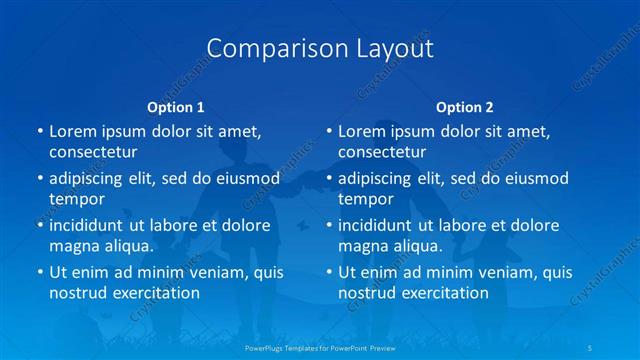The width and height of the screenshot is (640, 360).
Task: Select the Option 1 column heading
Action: click(x=176, y=107)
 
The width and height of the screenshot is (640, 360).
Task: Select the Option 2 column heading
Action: click(x=465, y=107)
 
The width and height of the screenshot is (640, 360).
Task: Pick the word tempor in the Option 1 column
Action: click(x=77, y=198)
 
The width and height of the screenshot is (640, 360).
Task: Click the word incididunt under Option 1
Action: click(x=94, y=225)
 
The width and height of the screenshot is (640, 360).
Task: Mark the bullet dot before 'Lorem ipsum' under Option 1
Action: click(x=39, y=132)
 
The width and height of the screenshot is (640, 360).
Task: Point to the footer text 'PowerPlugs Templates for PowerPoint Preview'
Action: click(x=321, y=349)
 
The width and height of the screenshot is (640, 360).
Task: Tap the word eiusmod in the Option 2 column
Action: click(x=531, y=178)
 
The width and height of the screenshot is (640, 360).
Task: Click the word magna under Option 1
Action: click(x=76, y=245)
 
